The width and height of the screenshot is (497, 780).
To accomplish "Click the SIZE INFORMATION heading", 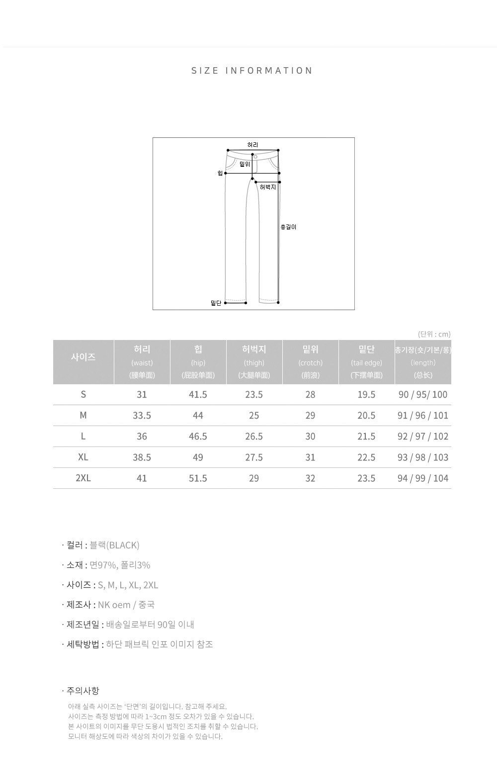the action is [252, 71].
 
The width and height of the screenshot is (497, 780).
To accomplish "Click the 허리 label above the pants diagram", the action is [252, 145].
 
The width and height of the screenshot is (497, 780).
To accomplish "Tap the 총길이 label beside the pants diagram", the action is [288, 227].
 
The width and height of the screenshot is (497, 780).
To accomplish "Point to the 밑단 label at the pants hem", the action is [216, 303].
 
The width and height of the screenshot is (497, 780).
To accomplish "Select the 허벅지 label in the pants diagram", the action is [268, 187].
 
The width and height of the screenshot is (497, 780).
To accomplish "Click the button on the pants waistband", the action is [255, 157].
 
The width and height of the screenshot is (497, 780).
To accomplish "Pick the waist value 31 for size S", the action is [142, 395].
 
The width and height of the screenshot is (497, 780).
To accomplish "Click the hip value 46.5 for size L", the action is [198, 437].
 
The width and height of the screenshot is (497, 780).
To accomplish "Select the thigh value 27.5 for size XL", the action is [254, 457].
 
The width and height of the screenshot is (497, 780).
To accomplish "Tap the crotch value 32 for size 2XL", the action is [310, 478].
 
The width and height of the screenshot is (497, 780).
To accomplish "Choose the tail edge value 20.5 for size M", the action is [366, 416].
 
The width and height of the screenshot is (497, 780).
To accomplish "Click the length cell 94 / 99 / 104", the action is [423, 478].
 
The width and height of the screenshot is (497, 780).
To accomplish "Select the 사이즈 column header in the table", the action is [83, 357].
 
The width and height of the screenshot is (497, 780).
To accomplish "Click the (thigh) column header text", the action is [254, 363].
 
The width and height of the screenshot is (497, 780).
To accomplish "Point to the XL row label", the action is [83, 457].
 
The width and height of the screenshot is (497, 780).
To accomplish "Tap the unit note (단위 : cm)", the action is [434, 334].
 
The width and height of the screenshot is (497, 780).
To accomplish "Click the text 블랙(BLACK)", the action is [114, 545].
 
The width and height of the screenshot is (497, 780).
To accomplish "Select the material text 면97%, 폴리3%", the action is [120, 565].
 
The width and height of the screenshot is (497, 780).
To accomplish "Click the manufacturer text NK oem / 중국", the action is [126, 604].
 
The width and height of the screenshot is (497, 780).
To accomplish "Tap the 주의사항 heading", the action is [83, 690].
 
